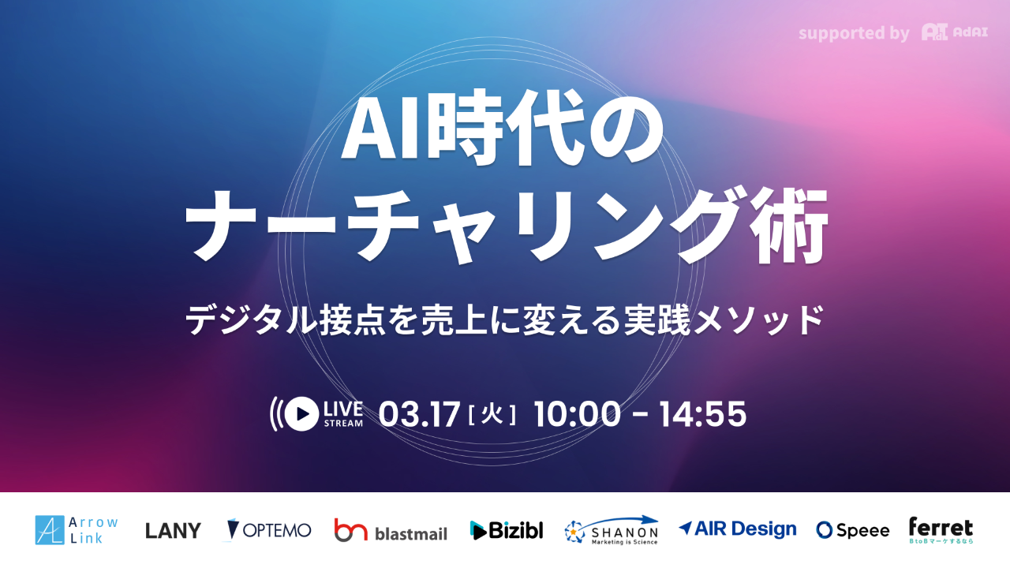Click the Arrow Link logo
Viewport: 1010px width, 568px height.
[x=77, y=529]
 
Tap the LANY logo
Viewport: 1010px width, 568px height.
[x=173, y=530]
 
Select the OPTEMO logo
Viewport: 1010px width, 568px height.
[x=269, y=529]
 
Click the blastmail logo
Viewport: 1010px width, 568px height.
[x=391, y=530]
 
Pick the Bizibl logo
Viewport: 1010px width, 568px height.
[x=507, y=530]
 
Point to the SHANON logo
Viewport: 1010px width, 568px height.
[x=612, y=530]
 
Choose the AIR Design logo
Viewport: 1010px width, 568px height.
[x=738, y=529]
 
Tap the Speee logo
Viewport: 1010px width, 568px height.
[x=853, y=530]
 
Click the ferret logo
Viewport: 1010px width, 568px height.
[x=941, y=529]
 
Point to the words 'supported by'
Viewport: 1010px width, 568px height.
[x=854, y=34]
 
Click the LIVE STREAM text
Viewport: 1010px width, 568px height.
[x=343, y=414]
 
